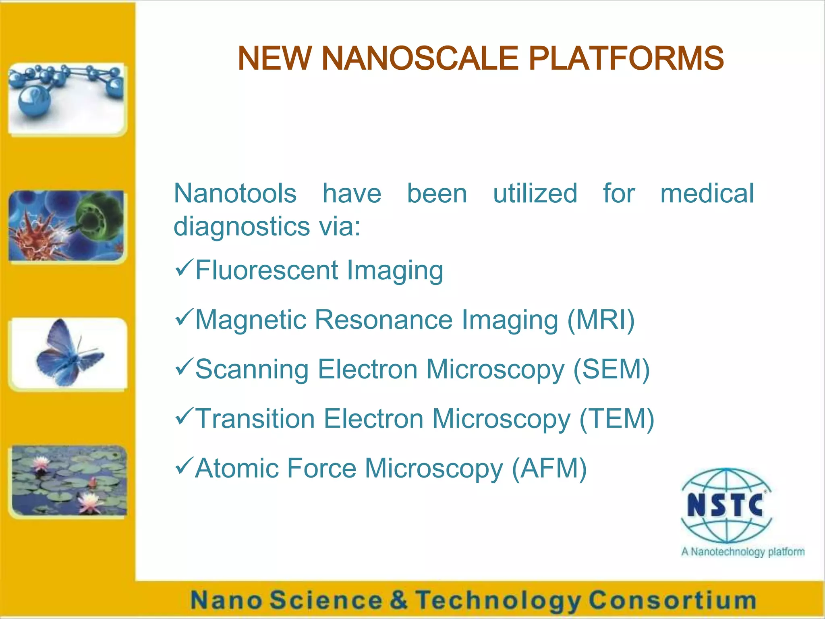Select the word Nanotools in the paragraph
[x=235, y=193]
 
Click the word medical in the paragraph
[x=707, y=193]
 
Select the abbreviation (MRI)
[x=601, y=320]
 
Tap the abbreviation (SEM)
[x=611, y=369]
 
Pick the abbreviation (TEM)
[x=616, y=419]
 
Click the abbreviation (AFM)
[x=549, y=468]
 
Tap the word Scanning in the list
[x=252, y=370]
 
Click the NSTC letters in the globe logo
[x=726, y=505]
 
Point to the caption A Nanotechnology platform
[x=742, y=552]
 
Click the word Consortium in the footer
[x=672, y=600]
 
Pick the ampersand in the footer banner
[x=398, y=600]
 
